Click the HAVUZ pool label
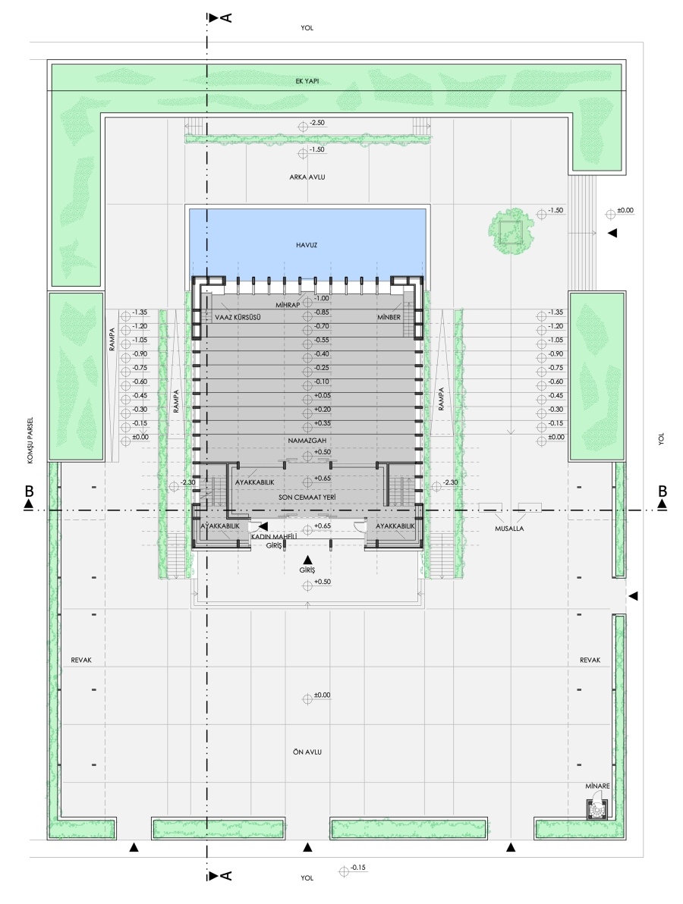[x=307, y=245]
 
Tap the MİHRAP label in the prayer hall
[x=288, y=304]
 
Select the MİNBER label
[x=389, y=317]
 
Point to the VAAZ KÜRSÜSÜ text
[x=238, y=317]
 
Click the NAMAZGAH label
[x=307, y=441]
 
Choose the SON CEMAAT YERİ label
[x=307, y=497]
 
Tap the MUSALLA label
[x=509, y=528]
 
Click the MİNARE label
[x=597, y=786]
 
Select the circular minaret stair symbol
[x=596, y=809]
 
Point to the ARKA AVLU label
[x=307, y=177]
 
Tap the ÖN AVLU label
[x=307, y=752]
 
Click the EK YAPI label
[x=307, y=81]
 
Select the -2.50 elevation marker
[x=311, y=124]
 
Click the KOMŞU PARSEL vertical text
[x=30, y=440]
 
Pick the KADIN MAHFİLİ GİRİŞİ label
[x=274, y=541]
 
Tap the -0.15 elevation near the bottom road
[x=352, y=869]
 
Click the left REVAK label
[x=81, y=660]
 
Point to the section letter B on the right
[x=663, y=491]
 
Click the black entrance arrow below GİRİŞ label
[x=308, y=559]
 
